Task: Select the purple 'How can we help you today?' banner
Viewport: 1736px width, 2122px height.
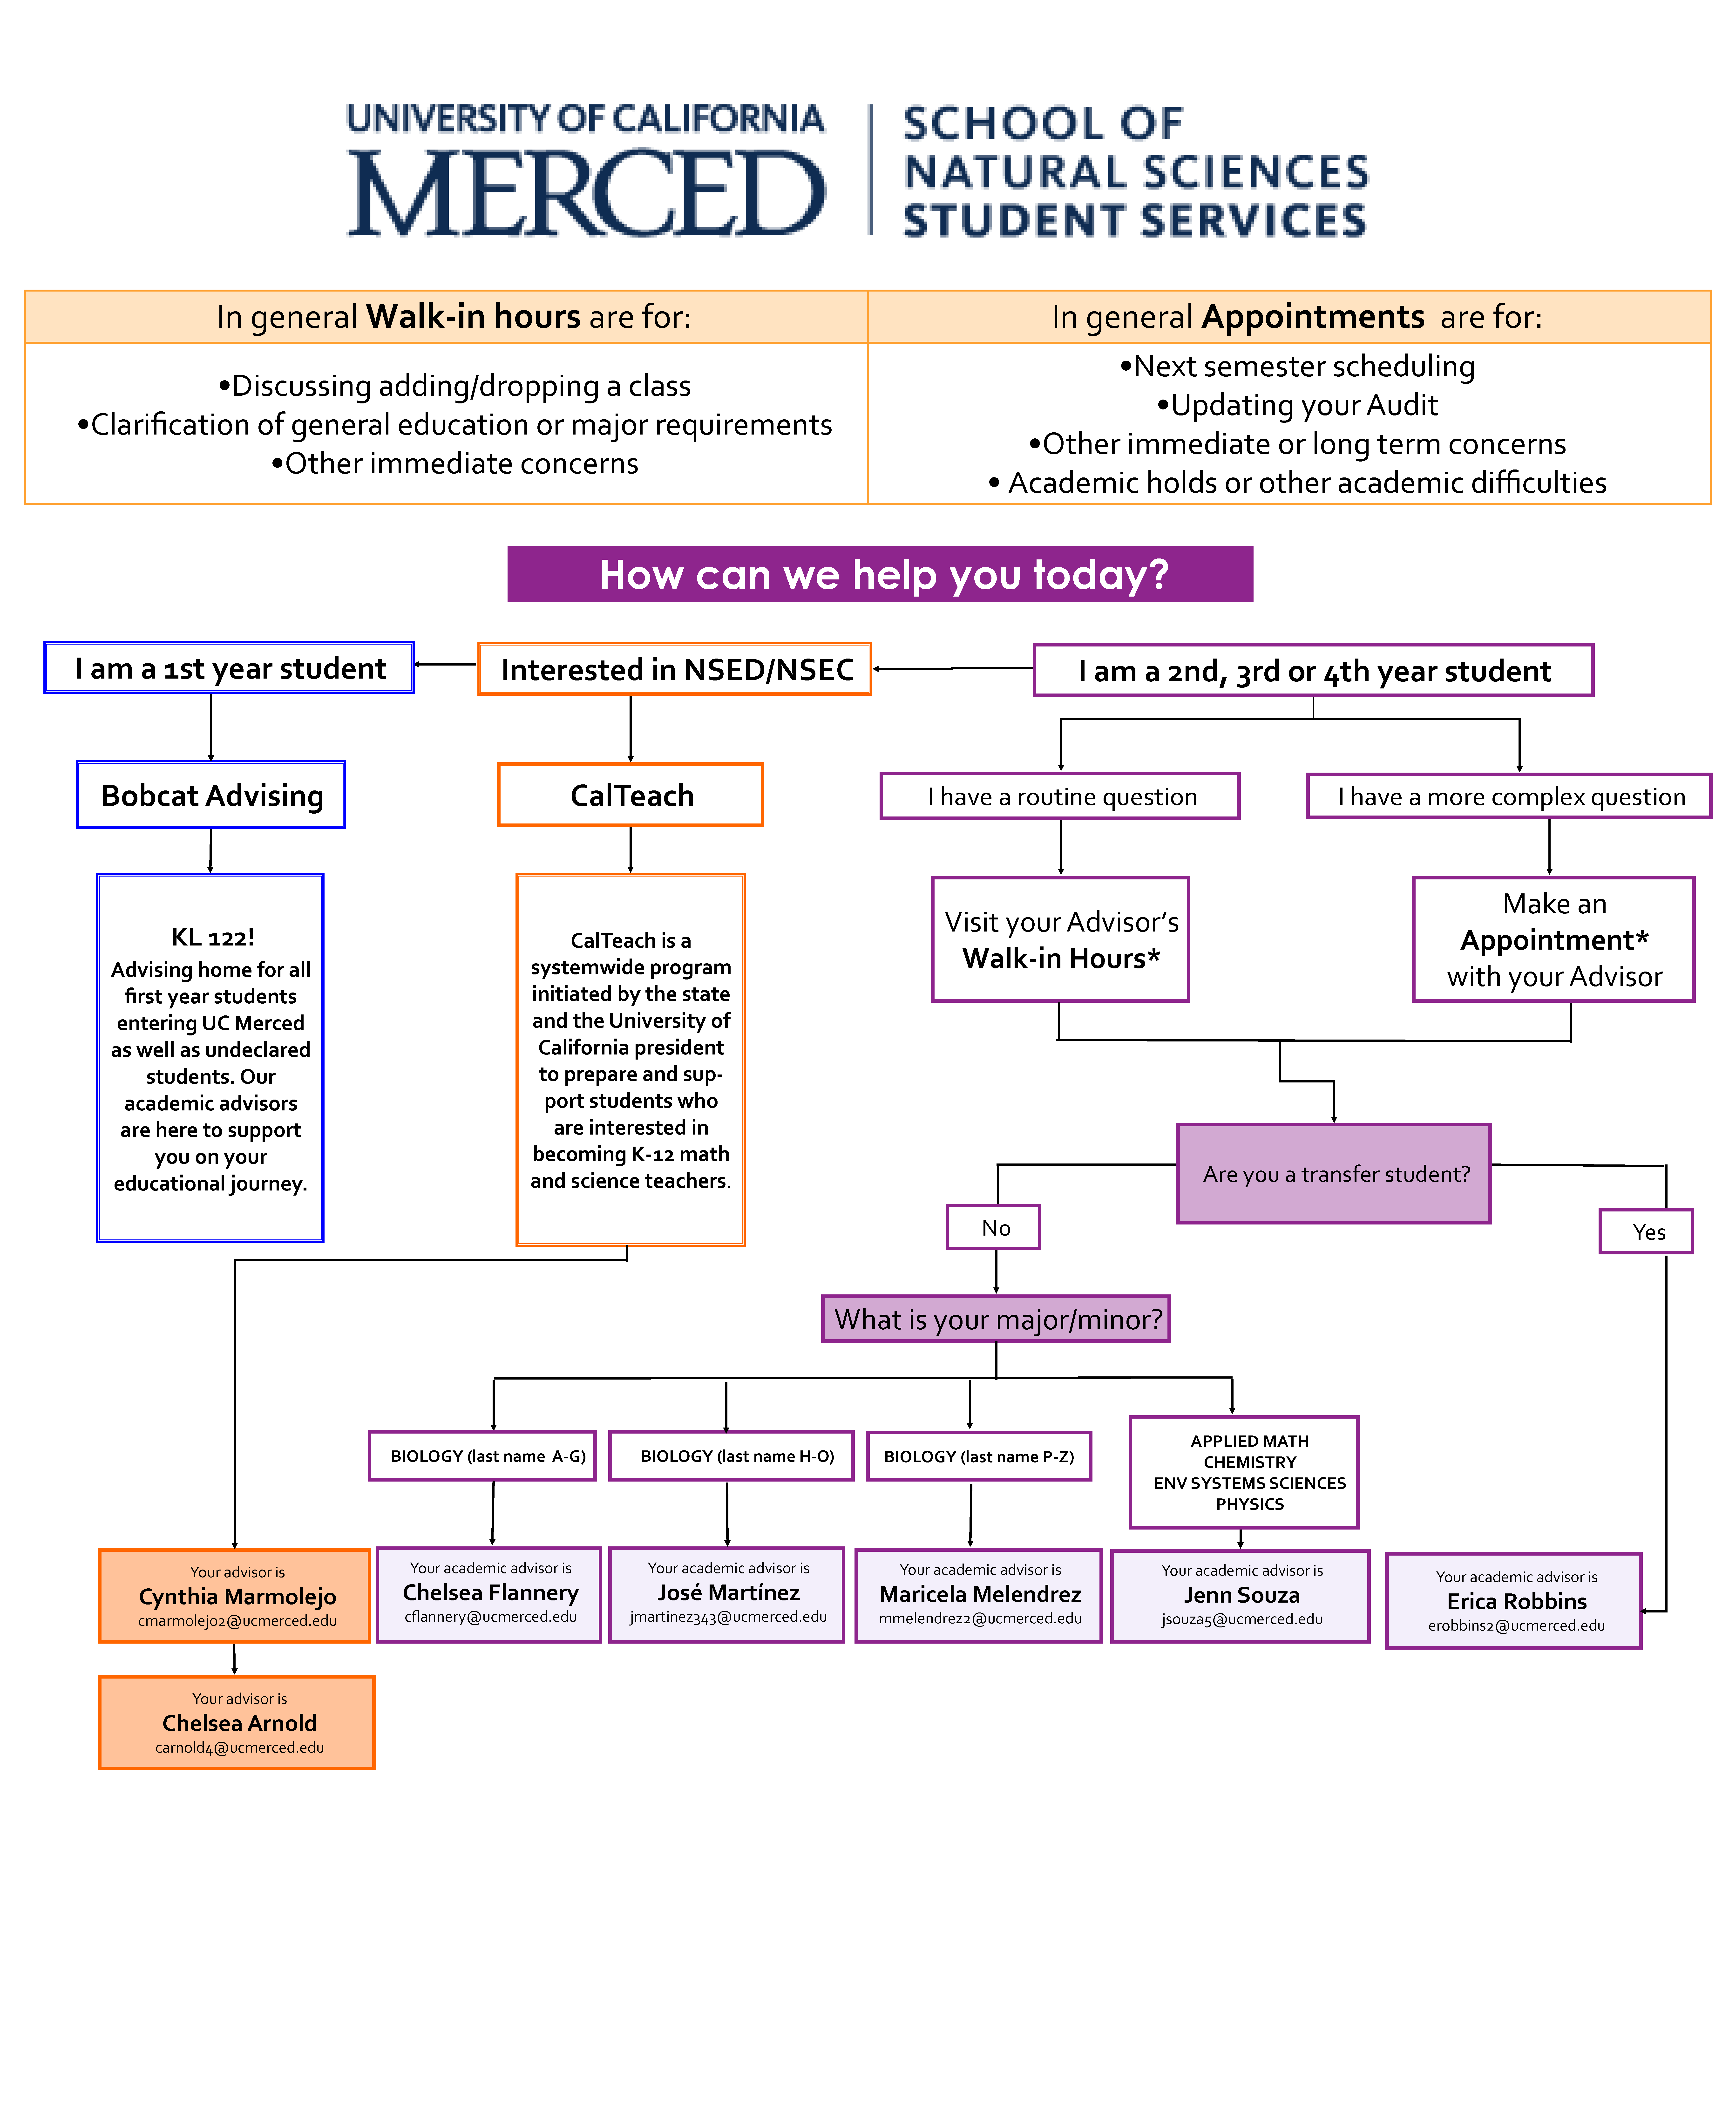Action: (x=880, y=574)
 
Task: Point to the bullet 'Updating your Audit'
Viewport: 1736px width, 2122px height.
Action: (x=1297, y=405)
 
